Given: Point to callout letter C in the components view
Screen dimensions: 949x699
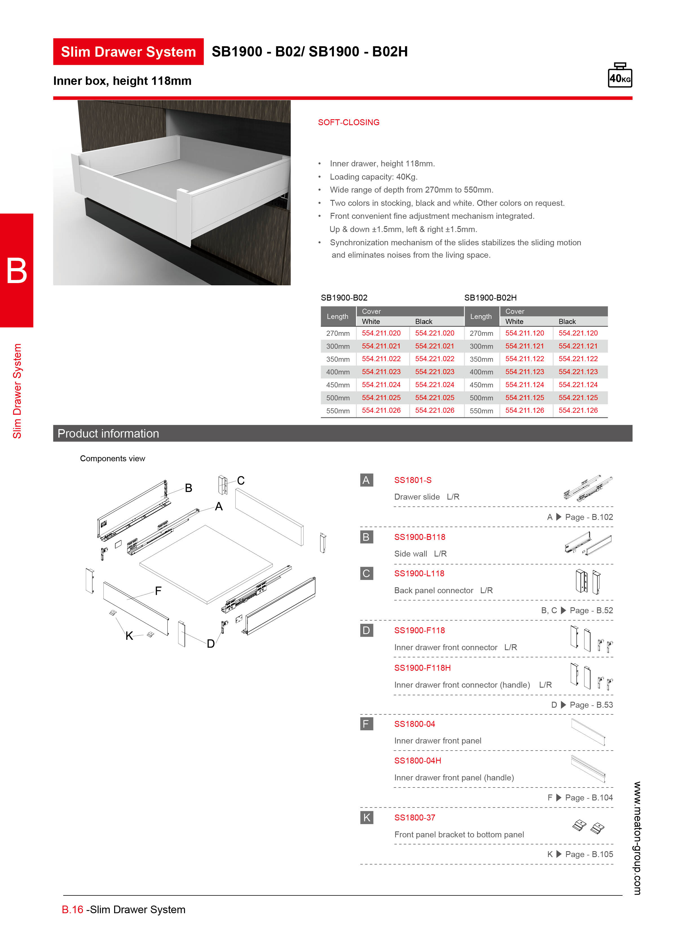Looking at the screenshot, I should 241,480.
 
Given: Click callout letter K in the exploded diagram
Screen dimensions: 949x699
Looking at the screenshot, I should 129,636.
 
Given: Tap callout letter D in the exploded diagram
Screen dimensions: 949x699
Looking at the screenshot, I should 210,644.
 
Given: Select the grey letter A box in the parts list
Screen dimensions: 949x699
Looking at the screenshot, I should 366,480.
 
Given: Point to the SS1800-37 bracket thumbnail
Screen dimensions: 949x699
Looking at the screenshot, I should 588,826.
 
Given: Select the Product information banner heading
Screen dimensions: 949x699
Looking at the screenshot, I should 108,433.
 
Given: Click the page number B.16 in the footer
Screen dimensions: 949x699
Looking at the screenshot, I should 72,910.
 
